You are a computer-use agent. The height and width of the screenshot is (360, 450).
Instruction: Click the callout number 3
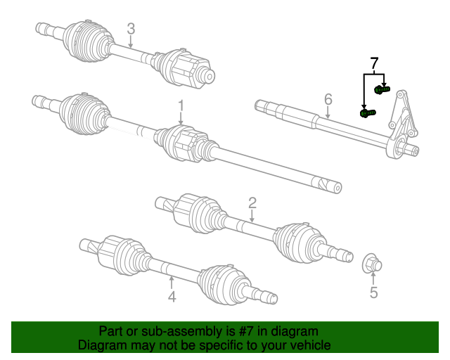131,29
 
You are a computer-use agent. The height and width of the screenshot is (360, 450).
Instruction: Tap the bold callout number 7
374,64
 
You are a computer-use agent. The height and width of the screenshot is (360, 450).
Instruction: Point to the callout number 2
252,203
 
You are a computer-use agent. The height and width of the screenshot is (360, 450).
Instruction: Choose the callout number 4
172,298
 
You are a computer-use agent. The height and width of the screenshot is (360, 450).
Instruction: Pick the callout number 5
373,292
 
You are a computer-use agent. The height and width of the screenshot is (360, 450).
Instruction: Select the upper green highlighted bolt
382,89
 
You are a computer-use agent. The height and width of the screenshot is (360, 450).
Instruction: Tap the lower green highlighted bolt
368,112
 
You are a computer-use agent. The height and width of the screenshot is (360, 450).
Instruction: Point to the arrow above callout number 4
172,282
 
